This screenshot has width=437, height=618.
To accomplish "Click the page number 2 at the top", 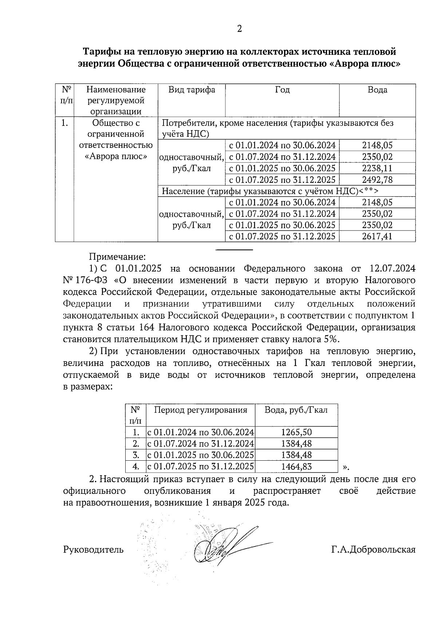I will [x=239, y=29].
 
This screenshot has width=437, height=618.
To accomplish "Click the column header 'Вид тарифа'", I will [x=192, y=90].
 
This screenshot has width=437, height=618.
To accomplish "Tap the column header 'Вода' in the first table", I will [x=377, y=90].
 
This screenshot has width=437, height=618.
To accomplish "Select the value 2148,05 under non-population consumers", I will [x=377, y=146].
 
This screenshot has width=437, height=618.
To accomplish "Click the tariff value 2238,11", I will [x=377, y=169].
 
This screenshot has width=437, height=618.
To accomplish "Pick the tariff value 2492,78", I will [x=377, y=180].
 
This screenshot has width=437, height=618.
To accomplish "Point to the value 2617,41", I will [x=377, y=237].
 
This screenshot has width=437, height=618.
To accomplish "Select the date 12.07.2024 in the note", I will [x=392, y=269].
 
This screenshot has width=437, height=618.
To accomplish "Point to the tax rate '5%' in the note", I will [x=330, y=339].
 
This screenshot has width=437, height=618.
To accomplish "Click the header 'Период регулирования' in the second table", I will [x=200, y=410].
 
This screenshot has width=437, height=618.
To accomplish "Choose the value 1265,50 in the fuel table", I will [x=296, y=433].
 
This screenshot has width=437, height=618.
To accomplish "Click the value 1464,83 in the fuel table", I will [x=296, y=467].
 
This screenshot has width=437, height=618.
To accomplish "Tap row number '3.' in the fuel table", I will [x=136, y=455].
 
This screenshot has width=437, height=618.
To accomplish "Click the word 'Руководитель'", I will [x=93, y=550].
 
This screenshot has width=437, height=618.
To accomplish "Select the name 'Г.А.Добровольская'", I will [x=373, y=550].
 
